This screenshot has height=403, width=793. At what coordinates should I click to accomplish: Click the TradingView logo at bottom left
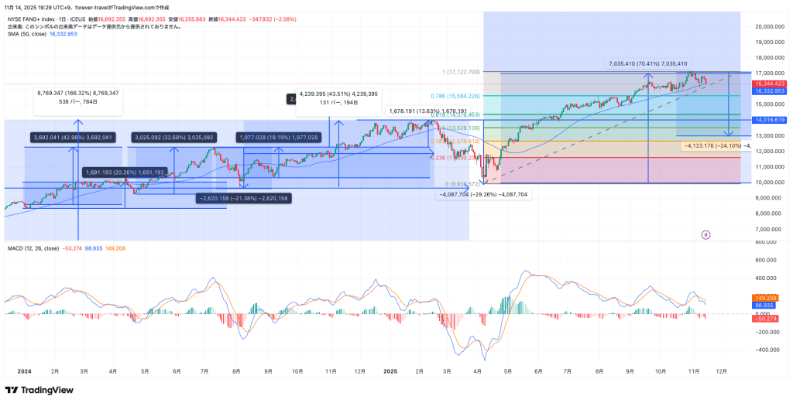[39, 390]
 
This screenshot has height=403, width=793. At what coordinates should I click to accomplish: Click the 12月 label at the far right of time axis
[722, 371]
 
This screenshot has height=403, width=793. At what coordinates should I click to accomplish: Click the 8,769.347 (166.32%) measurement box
[77, 97]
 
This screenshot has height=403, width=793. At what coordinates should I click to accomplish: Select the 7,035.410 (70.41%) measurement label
[648, 63]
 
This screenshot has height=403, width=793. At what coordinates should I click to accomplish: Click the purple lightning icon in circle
[705, 234]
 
